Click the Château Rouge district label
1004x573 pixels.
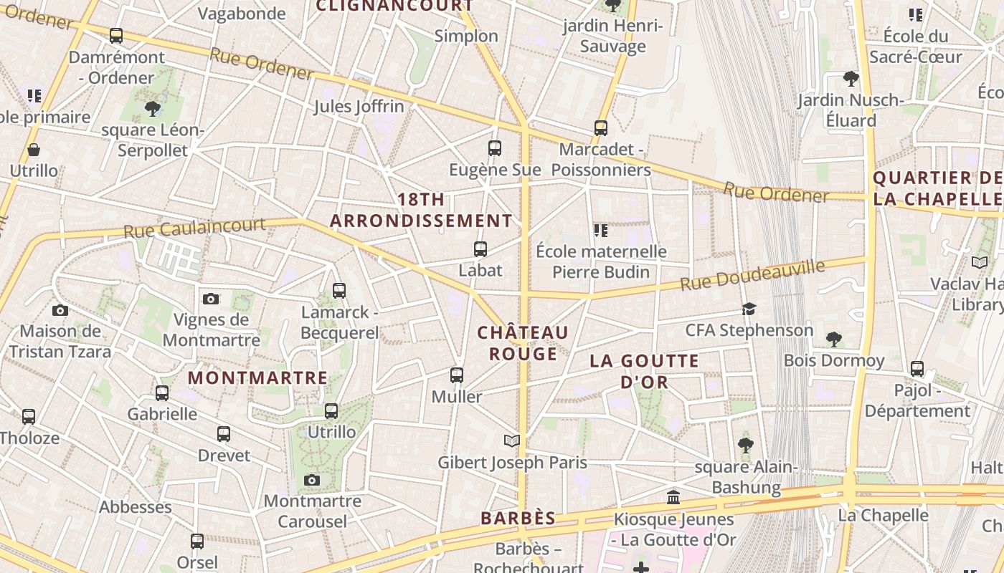[x=523, y=343]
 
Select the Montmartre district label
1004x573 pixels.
[x=257, y=377]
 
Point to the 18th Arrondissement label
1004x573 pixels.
[x=421, y=210]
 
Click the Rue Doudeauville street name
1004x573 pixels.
[x=752, y=276]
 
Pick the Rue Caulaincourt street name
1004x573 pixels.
[x=194, y=228]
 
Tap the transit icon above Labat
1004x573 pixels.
[x=480, y=249]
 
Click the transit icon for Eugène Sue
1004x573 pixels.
[x=495, y=148]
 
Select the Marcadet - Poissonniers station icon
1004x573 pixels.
[x=601, y=128]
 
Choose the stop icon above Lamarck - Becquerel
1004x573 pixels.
[x=339, y=291]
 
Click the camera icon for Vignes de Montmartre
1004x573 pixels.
[x=211, y=299]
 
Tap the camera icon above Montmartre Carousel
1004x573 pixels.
[x=311, y=480]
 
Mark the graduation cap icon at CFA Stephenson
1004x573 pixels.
[x=749, y=309]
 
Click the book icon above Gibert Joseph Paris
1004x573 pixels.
[x=511, y=440]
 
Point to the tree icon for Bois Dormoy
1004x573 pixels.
[x=833, y=339]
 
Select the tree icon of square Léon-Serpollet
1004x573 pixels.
[x=152, y=109]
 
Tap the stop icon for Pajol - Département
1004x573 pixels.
[x=917, y=369]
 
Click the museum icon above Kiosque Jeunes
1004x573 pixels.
[x=673, y=497]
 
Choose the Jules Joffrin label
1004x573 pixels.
[x=359, y=107]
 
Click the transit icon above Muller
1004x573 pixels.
[x=457, y=375]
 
